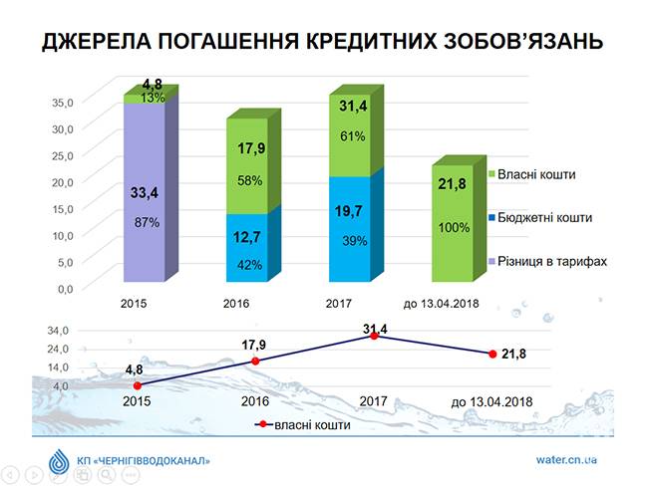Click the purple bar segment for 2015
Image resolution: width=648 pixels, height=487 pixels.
[145, 189]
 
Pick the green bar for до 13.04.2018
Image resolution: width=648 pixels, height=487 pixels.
[452, 223]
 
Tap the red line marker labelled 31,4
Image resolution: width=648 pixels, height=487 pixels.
[373, 337]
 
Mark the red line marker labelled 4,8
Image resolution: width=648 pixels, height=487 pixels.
[138, 385]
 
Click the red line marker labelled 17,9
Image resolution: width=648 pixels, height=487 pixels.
[255, 361]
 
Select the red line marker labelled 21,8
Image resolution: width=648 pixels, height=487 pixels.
[491, 354]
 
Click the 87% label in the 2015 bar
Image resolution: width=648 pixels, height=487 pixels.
[147, 222]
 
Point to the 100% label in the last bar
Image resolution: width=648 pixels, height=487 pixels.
[454, 227]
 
